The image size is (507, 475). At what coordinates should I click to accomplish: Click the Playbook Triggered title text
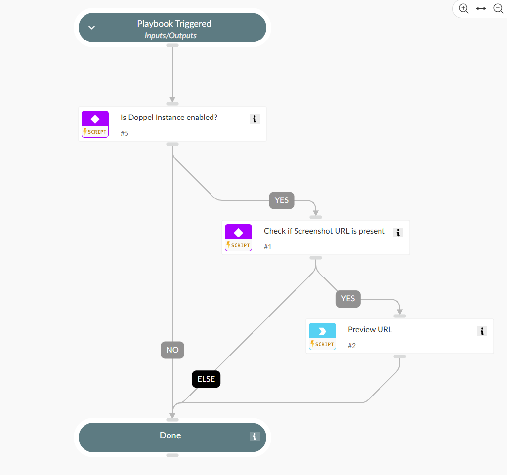point(174,24)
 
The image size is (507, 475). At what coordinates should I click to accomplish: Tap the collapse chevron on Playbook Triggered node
point(91,28)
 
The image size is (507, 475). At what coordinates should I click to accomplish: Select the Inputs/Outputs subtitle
point(170,36)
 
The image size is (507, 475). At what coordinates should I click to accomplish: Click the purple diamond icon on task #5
point(95,119)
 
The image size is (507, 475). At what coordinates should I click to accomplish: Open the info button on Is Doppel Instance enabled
point(254,119)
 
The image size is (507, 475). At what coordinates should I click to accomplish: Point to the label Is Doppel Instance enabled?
point(169,118)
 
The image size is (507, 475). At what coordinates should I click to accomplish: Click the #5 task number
point(125,133)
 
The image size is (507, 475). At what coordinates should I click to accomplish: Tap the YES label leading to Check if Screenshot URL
point(282,200)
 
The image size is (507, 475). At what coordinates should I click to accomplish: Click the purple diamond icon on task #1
point(238,233)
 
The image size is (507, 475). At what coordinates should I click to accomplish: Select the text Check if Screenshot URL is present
point(324,231)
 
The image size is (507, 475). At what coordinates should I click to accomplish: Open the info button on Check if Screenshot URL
point(398,232)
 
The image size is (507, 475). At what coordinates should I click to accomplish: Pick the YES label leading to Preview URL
point(348,299)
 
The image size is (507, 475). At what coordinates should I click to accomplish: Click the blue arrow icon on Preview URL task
point(322,331)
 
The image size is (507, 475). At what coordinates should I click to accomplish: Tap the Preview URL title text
point(370,330)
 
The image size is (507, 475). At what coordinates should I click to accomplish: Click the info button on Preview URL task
point(482,331)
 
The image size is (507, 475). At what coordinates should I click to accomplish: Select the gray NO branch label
point(172,350)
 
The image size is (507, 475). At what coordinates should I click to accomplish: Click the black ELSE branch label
point(206,379)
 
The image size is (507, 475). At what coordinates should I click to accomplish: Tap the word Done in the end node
point(170,435)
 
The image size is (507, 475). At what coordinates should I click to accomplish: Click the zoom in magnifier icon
point(464,8)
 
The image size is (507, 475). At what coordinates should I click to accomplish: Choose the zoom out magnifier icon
point(498,8)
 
